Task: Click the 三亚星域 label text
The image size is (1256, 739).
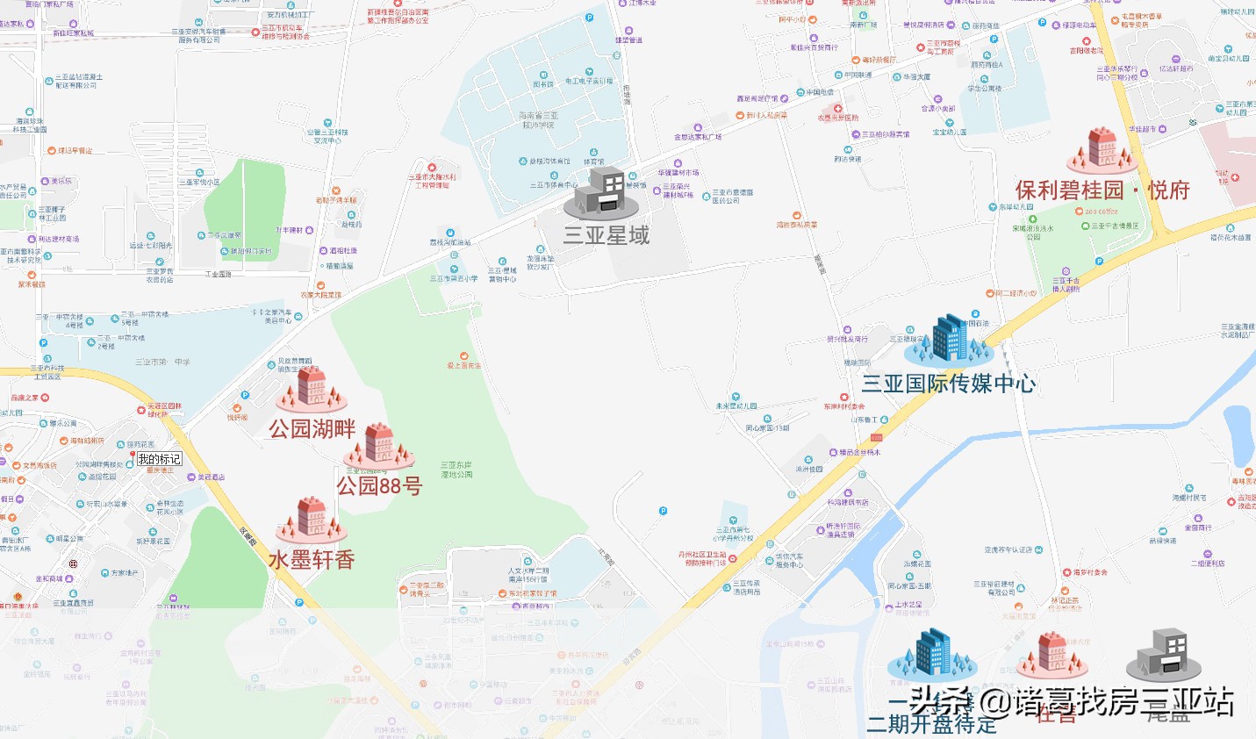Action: (606, 235)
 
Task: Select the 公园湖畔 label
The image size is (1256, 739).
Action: (312, 429)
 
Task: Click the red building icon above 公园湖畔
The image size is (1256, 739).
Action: (312, 389)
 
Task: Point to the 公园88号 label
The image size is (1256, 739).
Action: (379, 485)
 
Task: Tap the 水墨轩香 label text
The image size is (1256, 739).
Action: (312, 560)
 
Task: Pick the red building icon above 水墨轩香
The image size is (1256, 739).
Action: (312, 519)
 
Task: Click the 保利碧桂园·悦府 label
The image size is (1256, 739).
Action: (1102, 190)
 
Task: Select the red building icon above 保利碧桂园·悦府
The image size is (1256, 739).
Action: (1102, 149)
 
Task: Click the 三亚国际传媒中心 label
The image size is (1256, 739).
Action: (949, 384)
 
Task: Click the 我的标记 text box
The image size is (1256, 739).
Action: (159, 459)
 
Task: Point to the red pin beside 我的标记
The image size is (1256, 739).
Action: (132, 456)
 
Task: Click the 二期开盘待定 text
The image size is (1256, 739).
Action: (931, 725)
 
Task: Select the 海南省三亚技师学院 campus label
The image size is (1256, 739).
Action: (538, 120)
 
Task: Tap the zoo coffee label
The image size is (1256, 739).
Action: (1102, 212)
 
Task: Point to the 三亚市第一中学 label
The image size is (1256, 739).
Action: (162, 362)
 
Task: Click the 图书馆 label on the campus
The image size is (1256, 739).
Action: (543, 84)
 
